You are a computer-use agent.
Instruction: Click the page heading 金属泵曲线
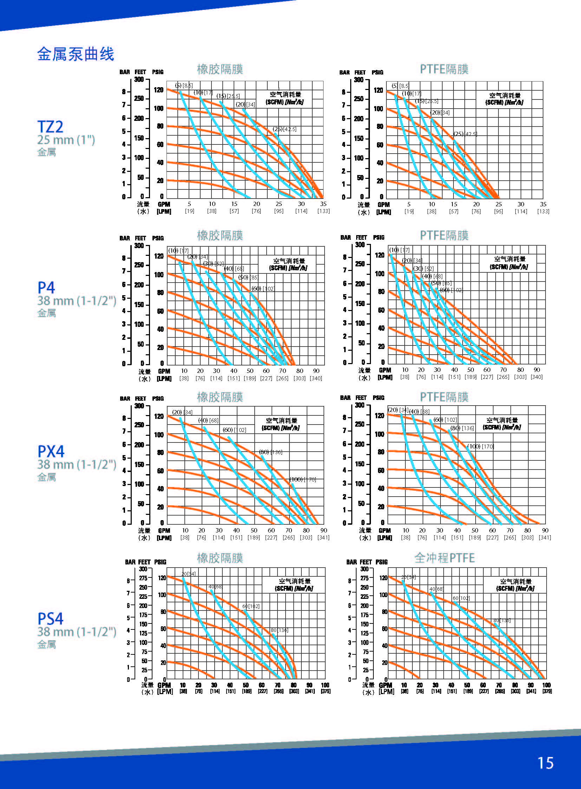[x=76, y=54]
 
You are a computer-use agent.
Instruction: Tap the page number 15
[x=545, y=763]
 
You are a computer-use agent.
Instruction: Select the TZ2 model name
[x=50, y=127]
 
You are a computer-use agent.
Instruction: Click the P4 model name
[x=46, y=288]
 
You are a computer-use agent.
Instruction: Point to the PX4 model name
[x=51, y=452]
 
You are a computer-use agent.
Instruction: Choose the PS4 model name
[x=50, y=619]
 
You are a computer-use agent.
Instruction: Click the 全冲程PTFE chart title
[x=445, y=558]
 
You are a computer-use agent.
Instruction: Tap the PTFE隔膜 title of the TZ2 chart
[x=444, y=69]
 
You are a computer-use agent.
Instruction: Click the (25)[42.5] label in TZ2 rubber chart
[x=285, y=129]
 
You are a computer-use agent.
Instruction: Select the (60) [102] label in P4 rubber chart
[x=263, y=289]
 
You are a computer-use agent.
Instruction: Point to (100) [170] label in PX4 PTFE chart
[x=481, y=446]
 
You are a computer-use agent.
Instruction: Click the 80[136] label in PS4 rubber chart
[x=279, y=630]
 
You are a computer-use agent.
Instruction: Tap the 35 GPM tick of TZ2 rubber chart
[x=323, y=204]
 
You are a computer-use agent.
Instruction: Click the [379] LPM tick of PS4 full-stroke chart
[x=547, y=692]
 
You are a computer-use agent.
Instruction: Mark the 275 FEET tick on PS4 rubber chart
[x=143, y=578]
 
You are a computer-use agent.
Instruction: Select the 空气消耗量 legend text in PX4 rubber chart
[x=281, y=421]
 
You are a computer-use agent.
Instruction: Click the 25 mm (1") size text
[x=66, y=140]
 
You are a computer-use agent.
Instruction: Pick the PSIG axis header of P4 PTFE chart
[x=378, y=238]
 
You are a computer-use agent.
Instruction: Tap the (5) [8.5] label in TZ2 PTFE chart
[x=400, y=85]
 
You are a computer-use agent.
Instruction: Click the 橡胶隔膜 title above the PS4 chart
[x=220, y=558]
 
